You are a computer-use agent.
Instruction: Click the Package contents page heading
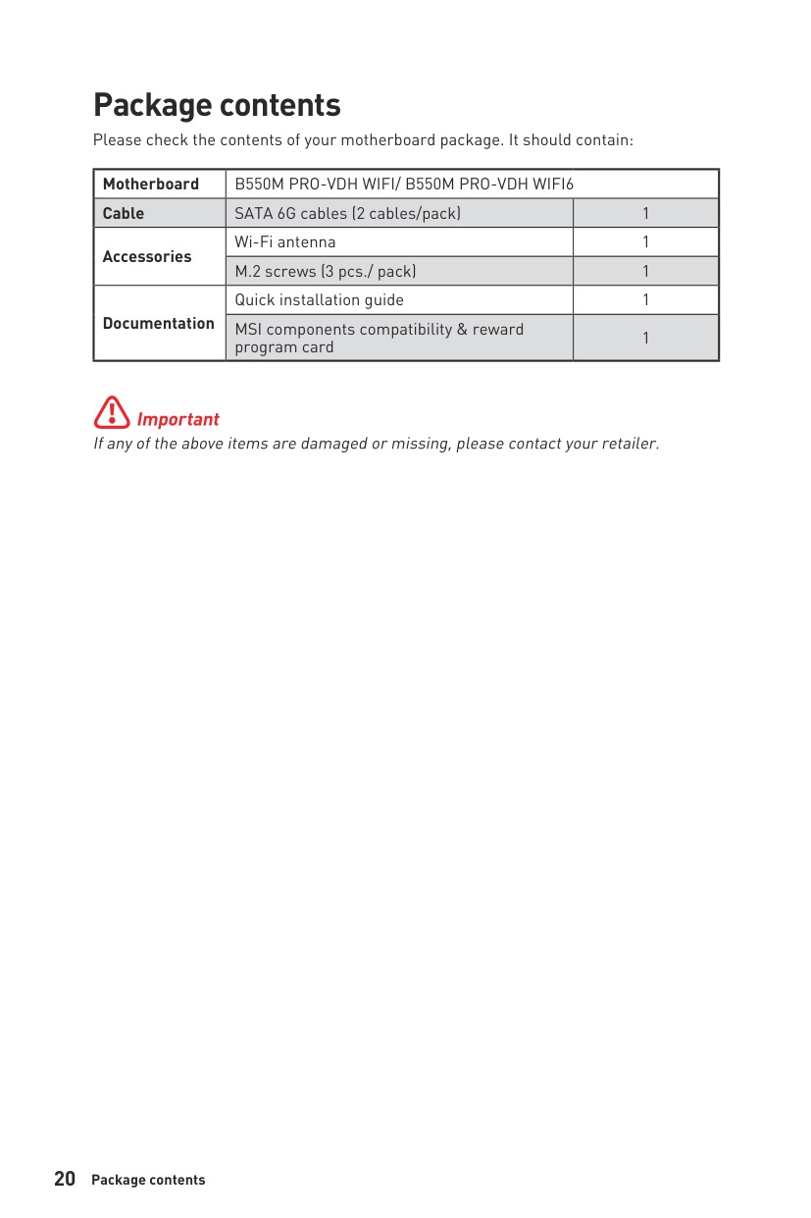click(x=217, y=105)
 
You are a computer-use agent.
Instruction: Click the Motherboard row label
click(x=150, y=185)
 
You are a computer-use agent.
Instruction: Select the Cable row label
click(x=124, y=213)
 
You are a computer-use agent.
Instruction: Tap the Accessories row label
click(x=147, y=256)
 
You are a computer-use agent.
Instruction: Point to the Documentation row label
click(x=158, y=323)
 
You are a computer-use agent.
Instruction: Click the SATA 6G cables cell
click(x=347, y=213)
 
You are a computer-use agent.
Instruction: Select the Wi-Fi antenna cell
click(x=285, y=241)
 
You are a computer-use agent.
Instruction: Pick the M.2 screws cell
click(x=325, y=271)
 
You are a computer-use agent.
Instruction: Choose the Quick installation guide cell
click(x=319, y=299)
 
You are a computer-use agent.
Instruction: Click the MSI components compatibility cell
click(x=379, y=338)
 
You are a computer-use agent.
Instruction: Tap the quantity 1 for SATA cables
click(x=645, y=213)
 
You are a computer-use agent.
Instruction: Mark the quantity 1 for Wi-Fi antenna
click(x=645, y=241)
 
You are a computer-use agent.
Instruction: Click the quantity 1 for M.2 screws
click(x=645, y=271)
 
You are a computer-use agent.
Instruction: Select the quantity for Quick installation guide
click(x=645, y=299)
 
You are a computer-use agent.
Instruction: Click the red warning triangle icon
click(x=112, y=413)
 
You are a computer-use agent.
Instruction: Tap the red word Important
click(x=178, y=419)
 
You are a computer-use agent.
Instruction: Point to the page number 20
click(x=65, y=1179)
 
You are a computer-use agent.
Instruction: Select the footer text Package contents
click(x=148, y=1180)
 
